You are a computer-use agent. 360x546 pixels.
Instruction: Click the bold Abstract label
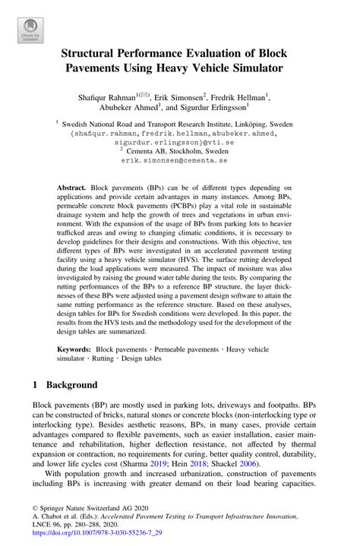[72, 187]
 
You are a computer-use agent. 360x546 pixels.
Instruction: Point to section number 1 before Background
[36, 385]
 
